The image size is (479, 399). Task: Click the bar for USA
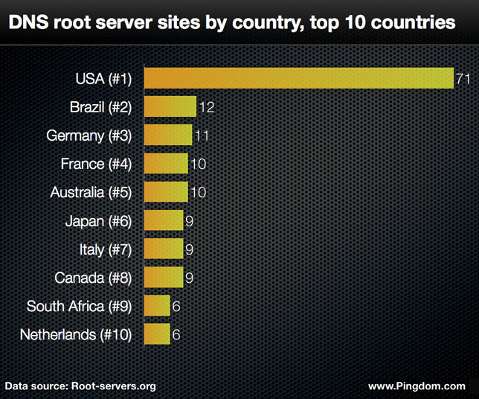(298, 78)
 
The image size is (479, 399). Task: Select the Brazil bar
(170, 106)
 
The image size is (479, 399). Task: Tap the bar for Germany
(167, 135)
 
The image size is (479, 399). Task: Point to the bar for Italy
(163, 249)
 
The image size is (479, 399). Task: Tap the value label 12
(207, 107)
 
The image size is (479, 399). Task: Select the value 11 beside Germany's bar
(202, 135)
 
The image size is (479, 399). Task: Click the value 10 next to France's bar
(198, 164)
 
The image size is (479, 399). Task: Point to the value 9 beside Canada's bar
(190, 278)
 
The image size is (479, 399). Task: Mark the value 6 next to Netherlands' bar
(176, 335)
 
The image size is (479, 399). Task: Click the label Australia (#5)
(91, 192)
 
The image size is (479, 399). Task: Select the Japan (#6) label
(98, 221)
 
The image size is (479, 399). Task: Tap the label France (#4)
(96, 164)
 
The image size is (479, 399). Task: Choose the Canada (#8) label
(93, 278)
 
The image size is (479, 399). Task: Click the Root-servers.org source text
(113, 386)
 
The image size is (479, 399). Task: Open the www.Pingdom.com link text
(417, 386)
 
